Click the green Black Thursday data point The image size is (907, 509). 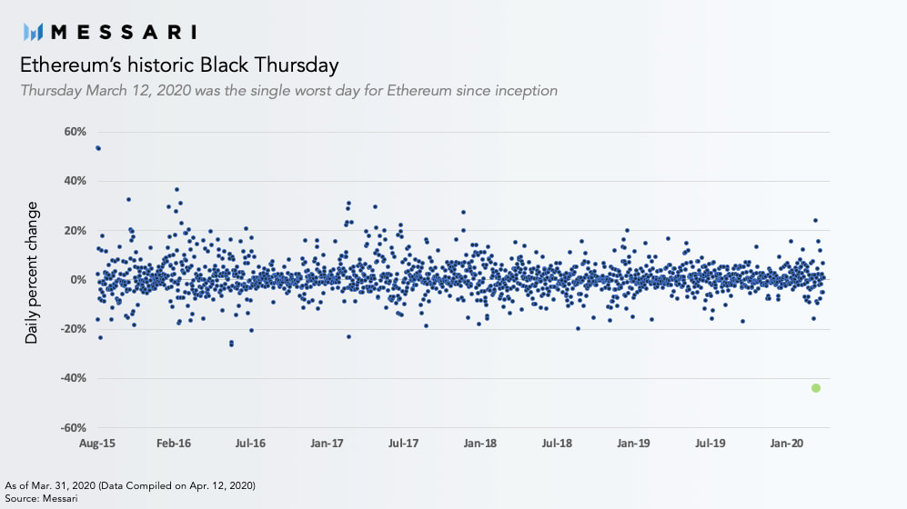pyautogui.click(x=816, y=388)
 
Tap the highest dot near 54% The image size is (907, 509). pyautogui.click(x=97, y=148)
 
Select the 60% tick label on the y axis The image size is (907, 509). pyautogui.click(x=76, y=132)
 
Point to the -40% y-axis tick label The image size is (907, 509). pyautogui.click(x=74, y=378)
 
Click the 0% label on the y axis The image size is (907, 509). pyautogui.click(x=78, y=280)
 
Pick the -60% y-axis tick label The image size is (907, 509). pyautogui.click(x=74, y=428)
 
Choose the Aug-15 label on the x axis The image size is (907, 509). pyautogui.click(x=97, y=444)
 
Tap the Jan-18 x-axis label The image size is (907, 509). pyautogui.click(x=480, y=444)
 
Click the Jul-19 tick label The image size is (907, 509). pyautogui.click(x=710, y=444)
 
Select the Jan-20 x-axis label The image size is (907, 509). pyautogui.click(x=787, y=444)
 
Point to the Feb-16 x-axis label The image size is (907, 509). pyautogui.click(x=174, y=444)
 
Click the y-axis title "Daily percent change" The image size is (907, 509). pyautogui.click(x=31, y=273)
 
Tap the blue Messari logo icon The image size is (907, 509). pyautogui.click(x=33, y=32)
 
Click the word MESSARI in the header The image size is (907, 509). pyautogui.click(x=124, y=32)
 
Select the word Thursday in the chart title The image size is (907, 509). pyautogui.click(x=297, y=65)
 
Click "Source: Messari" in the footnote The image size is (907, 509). pyautogui.click(x=41, y=498)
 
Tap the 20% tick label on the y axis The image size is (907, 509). pyautogui.click(x=76, y=231)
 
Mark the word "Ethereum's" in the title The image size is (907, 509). pyautogui.click(x=71, y=65)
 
